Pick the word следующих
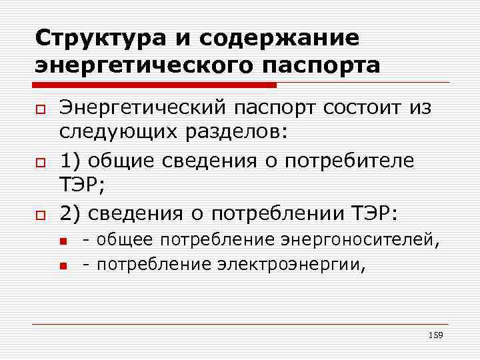click(x=115, y=133)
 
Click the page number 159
click(x=436, y=334)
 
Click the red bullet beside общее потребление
click(x=64, y=240)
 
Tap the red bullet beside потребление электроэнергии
click(x=64, y=265)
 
